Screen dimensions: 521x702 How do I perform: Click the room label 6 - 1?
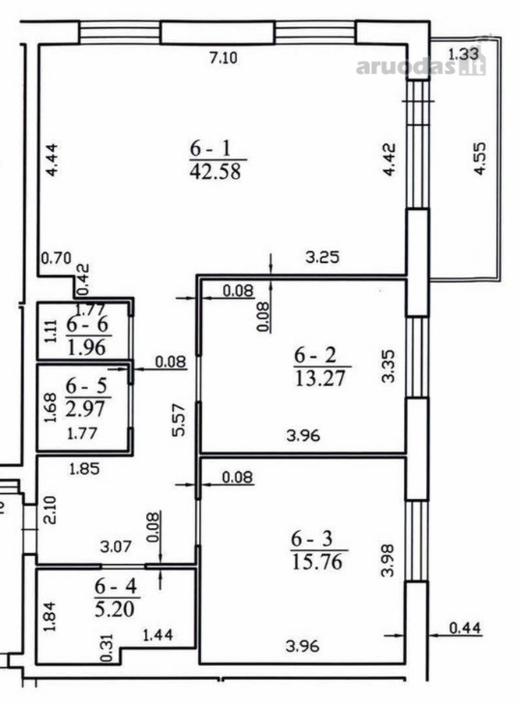coord(211,148)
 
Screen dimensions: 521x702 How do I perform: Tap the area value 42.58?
coord(215,171)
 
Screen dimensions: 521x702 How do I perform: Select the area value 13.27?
coord(321,378)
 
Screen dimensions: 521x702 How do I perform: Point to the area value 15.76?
coord(317,562)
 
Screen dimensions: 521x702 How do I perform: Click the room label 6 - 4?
coord(115,586)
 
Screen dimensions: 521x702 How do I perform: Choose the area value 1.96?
coord(87,347)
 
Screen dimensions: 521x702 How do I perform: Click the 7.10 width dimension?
coord(224,58)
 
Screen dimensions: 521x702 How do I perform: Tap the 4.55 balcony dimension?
coord(480,158)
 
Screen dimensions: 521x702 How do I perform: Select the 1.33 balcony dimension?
coord(463,54)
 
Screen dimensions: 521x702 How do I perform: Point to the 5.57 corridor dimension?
coord(179,420)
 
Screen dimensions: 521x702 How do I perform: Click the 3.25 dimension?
coord(323,257)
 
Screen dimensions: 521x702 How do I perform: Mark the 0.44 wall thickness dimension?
coord(465,628)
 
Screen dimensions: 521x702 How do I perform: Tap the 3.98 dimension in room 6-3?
coord(388,560)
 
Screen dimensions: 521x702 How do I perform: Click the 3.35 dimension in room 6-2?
coord(388,367)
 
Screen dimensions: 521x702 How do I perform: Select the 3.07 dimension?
coord(116,547)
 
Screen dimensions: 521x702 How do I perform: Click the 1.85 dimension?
coord(84,469)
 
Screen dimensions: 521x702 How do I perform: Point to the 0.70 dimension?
coord(56,258)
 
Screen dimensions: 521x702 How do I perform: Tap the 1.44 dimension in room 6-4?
coord(158,634)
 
